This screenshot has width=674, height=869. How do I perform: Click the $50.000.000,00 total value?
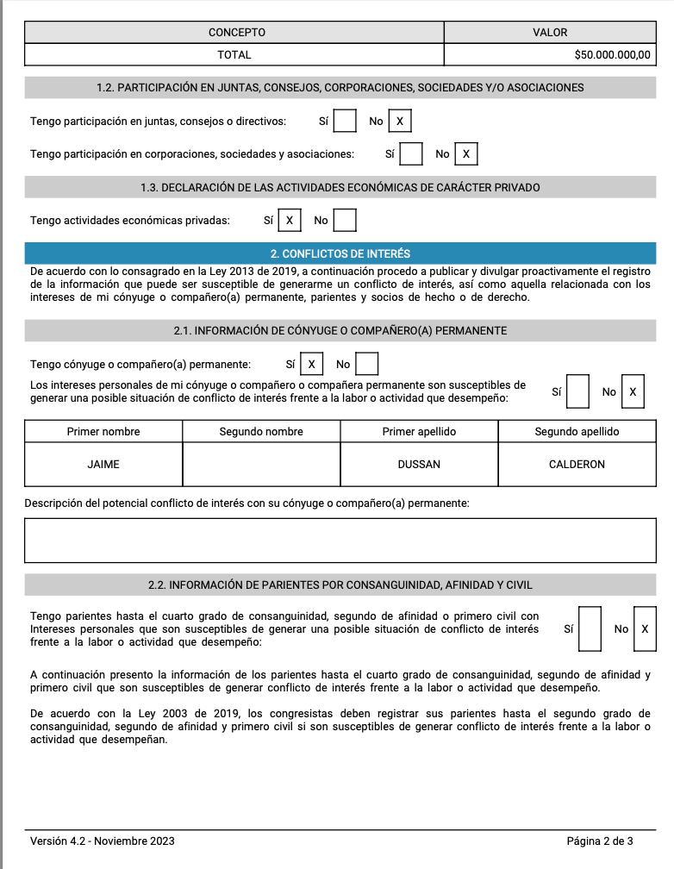(x=612, y=54)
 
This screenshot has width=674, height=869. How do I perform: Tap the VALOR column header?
(x=550, y=32)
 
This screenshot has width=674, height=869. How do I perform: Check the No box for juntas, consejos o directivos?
(x=399, y=122)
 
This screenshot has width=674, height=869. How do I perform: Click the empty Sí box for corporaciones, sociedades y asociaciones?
(x=411, y=154)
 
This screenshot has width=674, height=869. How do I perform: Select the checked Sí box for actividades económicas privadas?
(x=289, y=221)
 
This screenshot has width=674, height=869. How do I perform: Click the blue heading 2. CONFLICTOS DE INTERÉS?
(x=340, y=253)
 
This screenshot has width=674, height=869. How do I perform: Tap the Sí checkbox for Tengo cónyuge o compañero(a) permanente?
(x=311, y=365)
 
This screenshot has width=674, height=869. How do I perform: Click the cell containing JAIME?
(x=103, y=464)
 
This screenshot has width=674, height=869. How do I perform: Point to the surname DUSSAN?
(x=419, y=464)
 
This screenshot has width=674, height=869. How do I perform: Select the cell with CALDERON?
(x=577, y=464)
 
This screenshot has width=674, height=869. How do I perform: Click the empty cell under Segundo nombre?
(x=261, y=464)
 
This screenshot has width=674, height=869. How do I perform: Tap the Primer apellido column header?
(x=419, y=431)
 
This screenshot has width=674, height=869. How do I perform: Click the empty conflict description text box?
(x=340, y=541)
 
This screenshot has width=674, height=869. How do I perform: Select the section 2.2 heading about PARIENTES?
(x=340, y=585)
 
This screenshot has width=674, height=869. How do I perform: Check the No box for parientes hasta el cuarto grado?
(x=644, y=629)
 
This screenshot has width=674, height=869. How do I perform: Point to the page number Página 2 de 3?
(x=599, y=841)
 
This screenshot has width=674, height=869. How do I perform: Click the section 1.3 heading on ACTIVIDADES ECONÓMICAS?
(x=340, y=187)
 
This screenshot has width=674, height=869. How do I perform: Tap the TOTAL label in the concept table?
(x=234, y=54)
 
